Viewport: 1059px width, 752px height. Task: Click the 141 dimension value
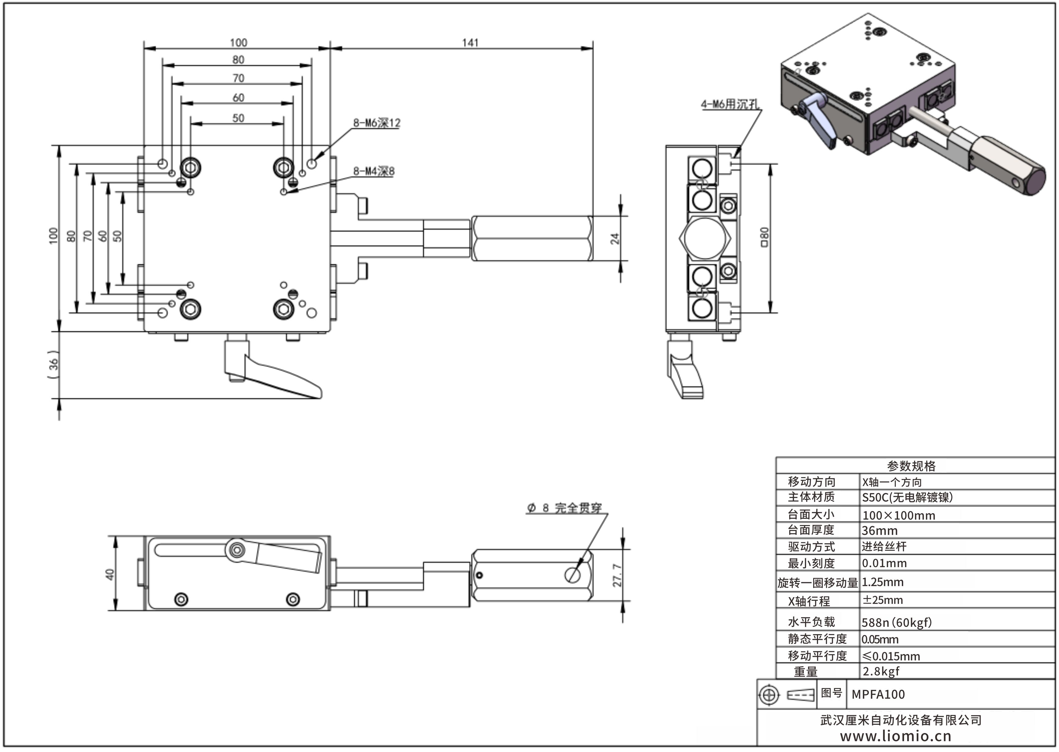[x=470, y=43]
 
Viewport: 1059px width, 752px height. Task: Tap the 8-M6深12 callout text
[x=376, y=123]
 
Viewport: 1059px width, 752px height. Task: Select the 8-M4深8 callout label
[x=374, y=171]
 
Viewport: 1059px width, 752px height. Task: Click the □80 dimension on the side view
[x=764, y=237]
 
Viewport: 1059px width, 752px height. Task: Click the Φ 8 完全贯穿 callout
[x=564, y=508]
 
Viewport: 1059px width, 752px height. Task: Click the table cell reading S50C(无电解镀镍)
[x=907, y=497]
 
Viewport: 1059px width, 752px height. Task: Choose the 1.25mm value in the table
[x=882, y=582]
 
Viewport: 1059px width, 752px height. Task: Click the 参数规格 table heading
[x=911, y=466]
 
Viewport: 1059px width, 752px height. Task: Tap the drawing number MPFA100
[x=878, y=694]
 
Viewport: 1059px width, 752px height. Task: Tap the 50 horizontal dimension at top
[x=238, y=118]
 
